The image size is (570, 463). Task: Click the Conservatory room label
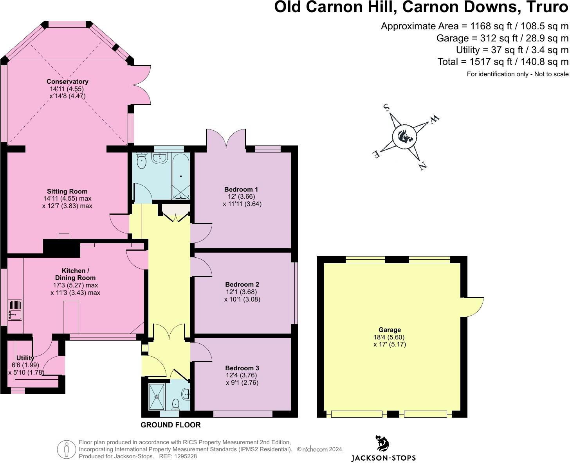(x=67, y=81)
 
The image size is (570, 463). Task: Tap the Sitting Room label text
(x=67, y=191)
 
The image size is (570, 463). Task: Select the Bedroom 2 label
(x=242, y=284)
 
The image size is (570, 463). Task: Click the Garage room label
(x=390, y=330)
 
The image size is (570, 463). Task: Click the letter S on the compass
(x=387, y=107)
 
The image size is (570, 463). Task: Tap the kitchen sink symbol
(x=15, y=310)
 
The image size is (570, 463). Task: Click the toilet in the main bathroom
(x=141, y=161)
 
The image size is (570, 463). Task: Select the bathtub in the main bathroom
(x=181, y=176)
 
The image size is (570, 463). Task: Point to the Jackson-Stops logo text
(x=383, y=458)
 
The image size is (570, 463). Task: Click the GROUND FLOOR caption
(x=171, y=425)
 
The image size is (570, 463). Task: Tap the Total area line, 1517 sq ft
(x=503, y=61)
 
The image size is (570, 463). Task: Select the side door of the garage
(x=473, y=307)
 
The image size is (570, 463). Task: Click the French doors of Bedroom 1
(x=226, y=138)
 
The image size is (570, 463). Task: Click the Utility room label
(x=25, y=358)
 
